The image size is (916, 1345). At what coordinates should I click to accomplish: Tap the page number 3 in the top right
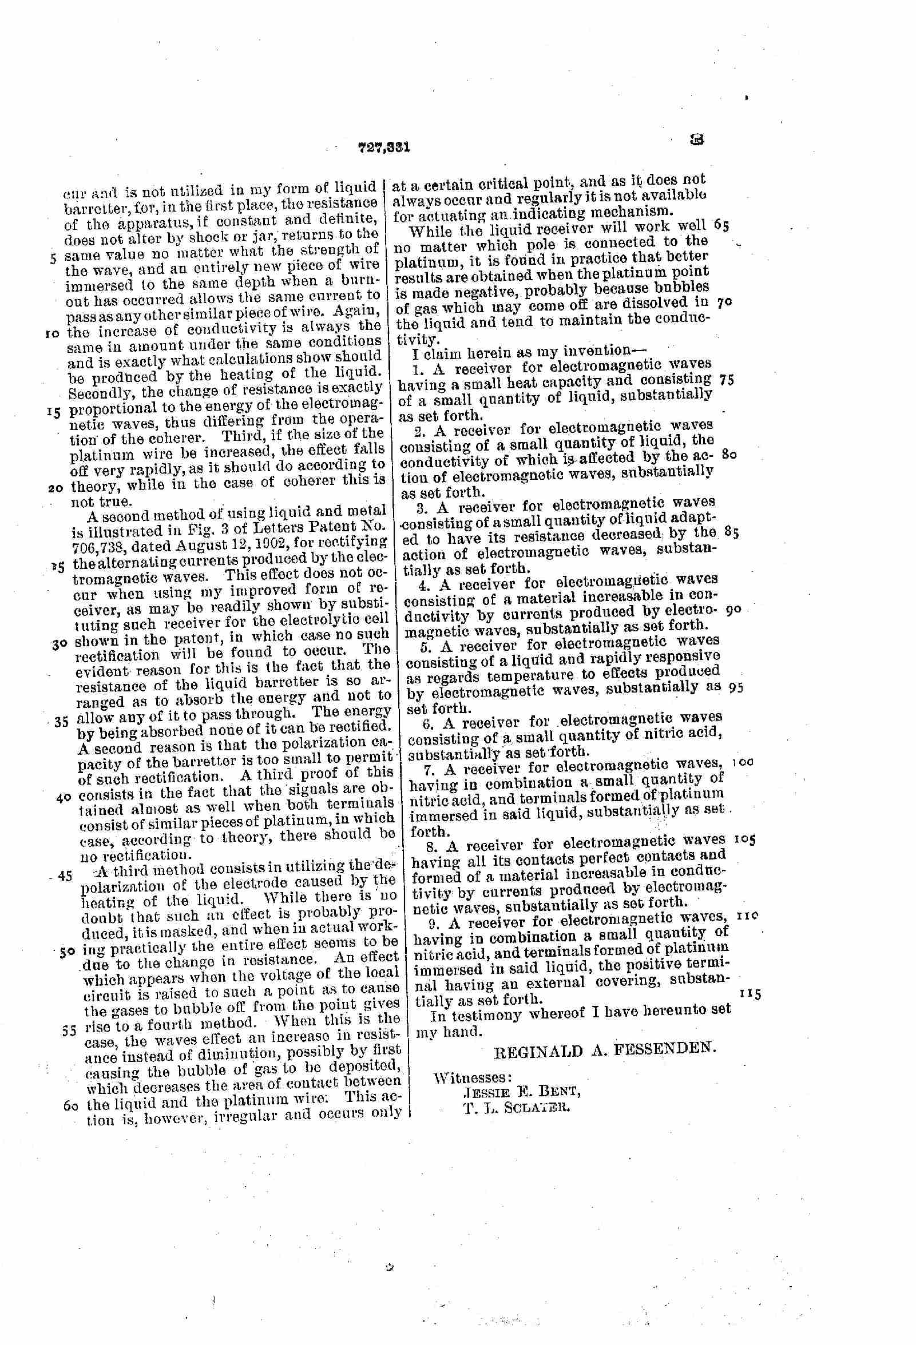(x=696, y=140)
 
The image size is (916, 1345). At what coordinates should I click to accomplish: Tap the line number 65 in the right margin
(x=721, y=226)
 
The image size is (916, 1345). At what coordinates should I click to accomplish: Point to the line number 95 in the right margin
(x=736, y=689)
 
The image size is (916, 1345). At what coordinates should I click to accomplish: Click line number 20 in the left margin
(x=56, y=487)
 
